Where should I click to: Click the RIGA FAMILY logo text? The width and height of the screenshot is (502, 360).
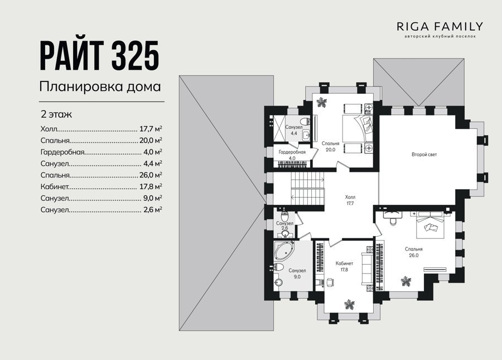tap(440, 26)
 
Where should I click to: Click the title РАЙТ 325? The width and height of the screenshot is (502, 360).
tap(100, 56)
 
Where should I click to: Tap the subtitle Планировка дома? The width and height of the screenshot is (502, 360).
tap(100, 87)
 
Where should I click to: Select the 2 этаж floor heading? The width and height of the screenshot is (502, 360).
tap(56, 114)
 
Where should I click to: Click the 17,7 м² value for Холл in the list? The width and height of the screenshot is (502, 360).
tap(151, 129)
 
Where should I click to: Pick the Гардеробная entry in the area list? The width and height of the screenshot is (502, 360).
tap(62, 152)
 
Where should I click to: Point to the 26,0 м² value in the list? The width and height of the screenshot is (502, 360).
tap(151, 175)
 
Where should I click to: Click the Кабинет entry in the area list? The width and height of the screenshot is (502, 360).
tap(55, 186)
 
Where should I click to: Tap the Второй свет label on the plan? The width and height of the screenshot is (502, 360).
tap(424, 155)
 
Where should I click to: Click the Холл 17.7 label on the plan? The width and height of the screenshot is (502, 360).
tap(350, 200)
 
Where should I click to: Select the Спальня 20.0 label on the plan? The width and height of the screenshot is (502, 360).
tap(330, 147)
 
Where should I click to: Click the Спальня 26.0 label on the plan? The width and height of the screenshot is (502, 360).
tap(414, 252)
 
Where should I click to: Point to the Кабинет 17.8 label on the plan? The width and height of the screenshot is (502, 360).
tap(344, 266)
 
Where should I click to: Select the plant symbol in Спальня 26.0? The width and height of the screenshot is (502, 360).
tap(406, 281)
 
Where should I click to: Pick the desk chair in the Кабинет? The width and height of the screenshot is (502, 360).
tap(330, 281)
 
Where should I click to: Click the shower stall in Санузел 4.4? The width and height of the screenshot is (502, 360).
tap(278, 128)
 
